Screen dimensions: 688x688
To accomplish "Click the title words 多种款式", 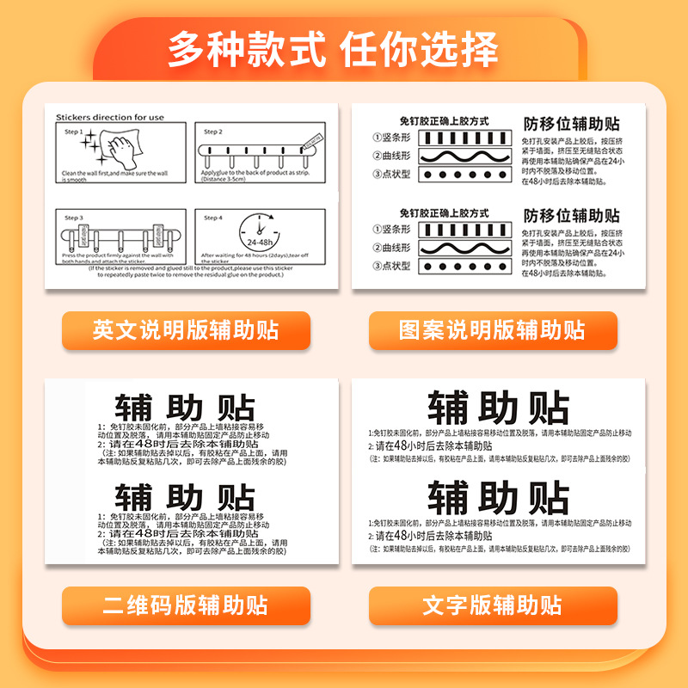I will click(x=246, y=50).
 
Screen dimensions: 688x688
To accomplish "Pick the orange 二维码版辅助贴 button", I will click(x=186, y=605).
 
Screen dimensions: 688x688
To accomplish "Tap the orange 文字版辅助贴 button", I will click(x=493, y=605).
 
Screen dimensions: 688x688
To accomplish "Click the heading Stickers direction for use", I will click(x=109, y=117).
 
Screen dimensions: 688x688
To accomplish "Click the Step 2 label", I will click(x=213, y=132).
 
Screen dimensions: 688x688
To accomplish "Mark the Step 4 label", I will click(x=213, y=218).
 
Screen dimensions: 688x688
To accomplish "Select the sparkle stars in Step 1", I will click(x=90, y=144).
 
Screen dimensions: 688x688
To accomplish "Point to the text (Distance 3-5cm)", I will click(x=229, y=178).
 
